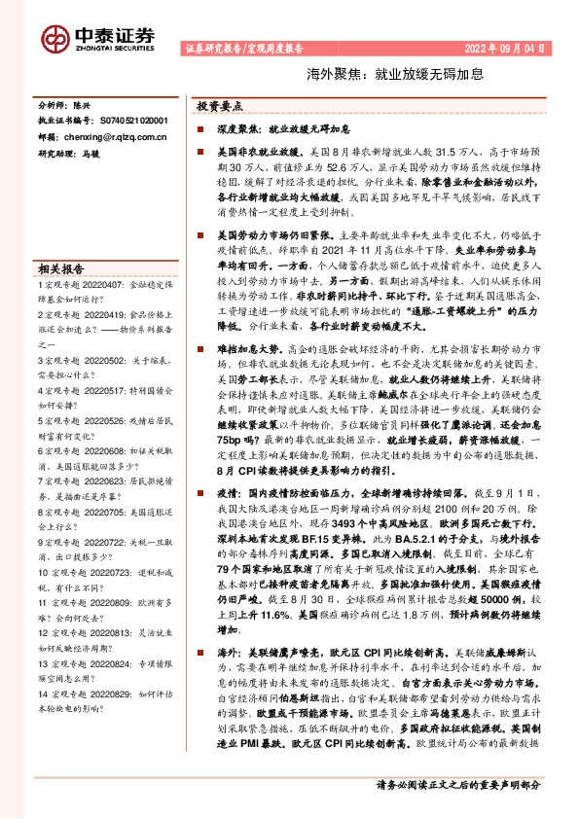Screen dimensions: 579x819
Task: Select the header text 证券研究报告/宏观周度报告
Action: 242,48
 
